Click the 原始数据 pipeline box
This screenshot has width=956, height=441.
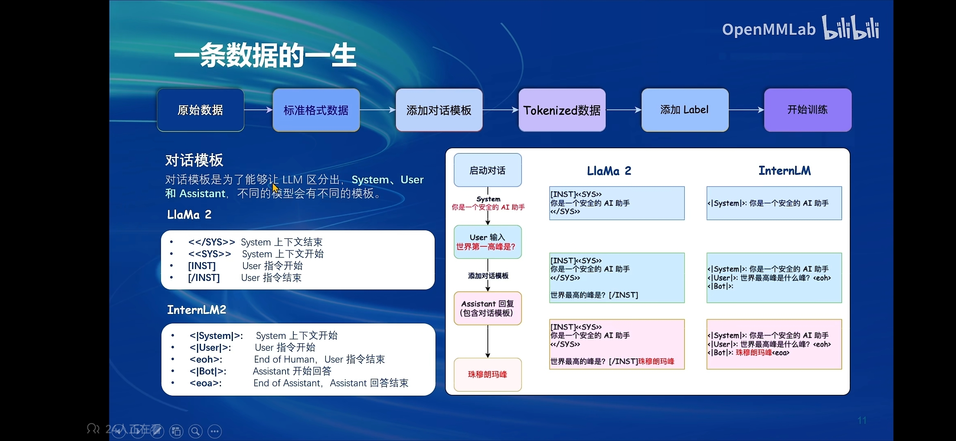click(200, 110)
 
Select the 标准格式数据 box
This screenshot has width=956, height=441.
click(316, 110)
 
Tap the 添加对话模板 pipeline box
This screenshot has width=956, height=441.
click(439, 110)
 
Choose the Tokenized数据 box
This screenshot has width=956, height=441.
click(562, 110)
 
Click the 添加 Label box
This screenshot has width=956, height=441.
click(685, 110)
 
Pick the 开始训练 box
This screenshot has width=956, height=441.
click(808, 110)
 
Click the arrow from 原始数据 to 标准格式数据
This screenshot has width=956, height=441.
click(258, 110)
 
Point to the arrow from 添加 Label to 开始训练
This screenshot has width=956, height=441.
click(746, 110)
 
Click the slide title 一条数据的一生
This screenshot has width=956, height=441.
click(266, 56)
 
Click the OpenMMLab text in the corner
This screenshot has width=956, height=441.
click(768, 29)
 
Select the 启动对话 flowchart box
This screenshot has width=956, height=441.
click(487, 170)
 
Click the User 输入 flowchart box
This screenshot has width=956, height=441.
click(487, 242)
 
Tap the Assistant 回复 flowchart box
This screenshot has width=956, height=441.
click(487, 308)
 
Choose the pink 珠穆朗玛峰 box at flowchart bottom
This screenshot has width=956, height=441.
click(487, 374)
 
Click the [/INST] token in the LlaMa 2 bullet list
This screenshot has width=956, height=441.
click(204, 278)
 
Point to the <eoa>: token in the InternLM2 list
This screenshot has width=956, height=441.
click(205, 383)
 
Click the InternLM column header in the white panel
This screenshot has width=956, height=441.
click(784, 171)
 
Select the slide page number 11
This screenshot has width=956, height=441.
click(862, 421)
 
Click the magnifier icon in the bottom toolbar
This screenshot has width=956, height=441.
click(195, 431)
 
